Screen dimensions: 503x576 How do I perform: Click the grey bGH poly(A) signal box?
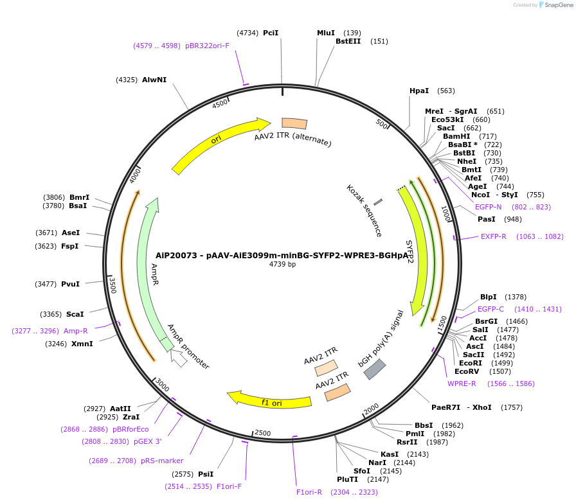[x=375, y=369]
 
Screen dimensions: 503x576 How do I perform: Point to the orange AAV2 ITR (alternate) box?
[x=294, y=123]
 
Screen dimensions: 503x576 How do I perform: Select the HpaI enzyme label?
[x=419, y=91]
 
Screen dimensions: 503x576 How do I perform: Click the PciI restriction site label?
[x=271, y=32]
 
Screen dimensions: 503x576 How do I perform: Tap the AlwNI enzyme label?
[x=154, y=80]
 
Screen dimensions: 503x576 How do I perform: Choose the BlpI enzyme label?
[x=489, y=297]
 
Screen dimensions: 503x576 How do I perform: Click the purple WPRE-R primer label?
[x=462, y=384]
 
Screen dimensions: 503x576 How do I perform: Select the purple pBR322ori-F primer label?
[x=207, y=46]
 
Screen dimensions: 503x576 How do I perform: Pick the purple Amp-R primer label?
[x=75, y=331]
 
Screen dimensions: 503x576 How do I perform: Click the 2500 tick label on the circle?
[x=263, y=433]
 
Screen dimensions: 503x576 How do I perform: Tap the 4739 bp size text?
[x=282, y=264]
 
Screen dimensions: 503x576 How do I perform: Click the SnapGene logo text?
[x=557, y=5]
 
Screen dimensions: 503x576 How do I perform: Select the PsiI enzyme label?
[x=206, y=474]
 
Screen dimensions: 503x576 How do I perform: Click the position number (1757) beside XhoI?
[x=513, y=407]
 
